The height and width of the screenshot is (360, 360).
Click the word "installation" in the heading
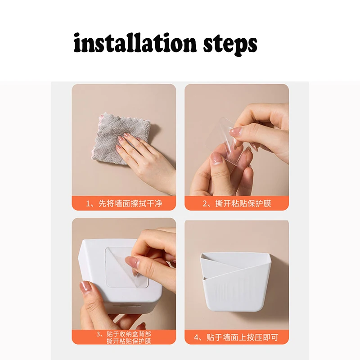tap(135, 43)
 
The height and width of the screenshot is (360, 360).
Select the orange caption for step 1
tap(124, 203)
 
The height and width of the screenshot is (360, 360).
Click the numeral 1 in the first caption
tap(88, 204)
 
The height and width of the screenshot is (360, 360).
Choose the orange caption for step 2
tap(237, 203)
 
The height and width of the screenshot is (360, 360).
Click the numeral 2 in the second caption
tap(205, 204)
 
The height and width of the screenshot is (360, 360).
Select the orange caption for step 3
tap(124, 337)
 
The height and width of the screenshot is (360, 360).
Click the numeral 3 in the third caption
tap(99, 334)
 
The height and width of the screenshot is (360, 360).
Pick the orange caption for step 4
tap(237, 337)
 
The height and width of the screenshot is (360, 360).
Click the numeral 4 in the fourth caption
tap(196, 337)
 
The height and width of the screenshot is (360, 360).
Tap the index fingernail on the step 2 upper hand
tap(235, 132)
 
